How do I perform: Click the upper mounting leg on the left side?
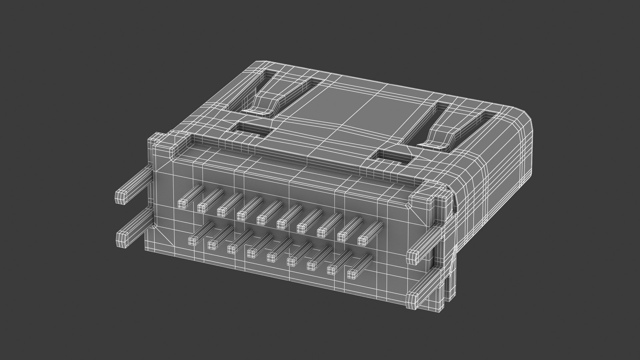point(121,197)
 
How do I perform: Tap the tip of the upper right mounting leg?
point(413,256)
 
